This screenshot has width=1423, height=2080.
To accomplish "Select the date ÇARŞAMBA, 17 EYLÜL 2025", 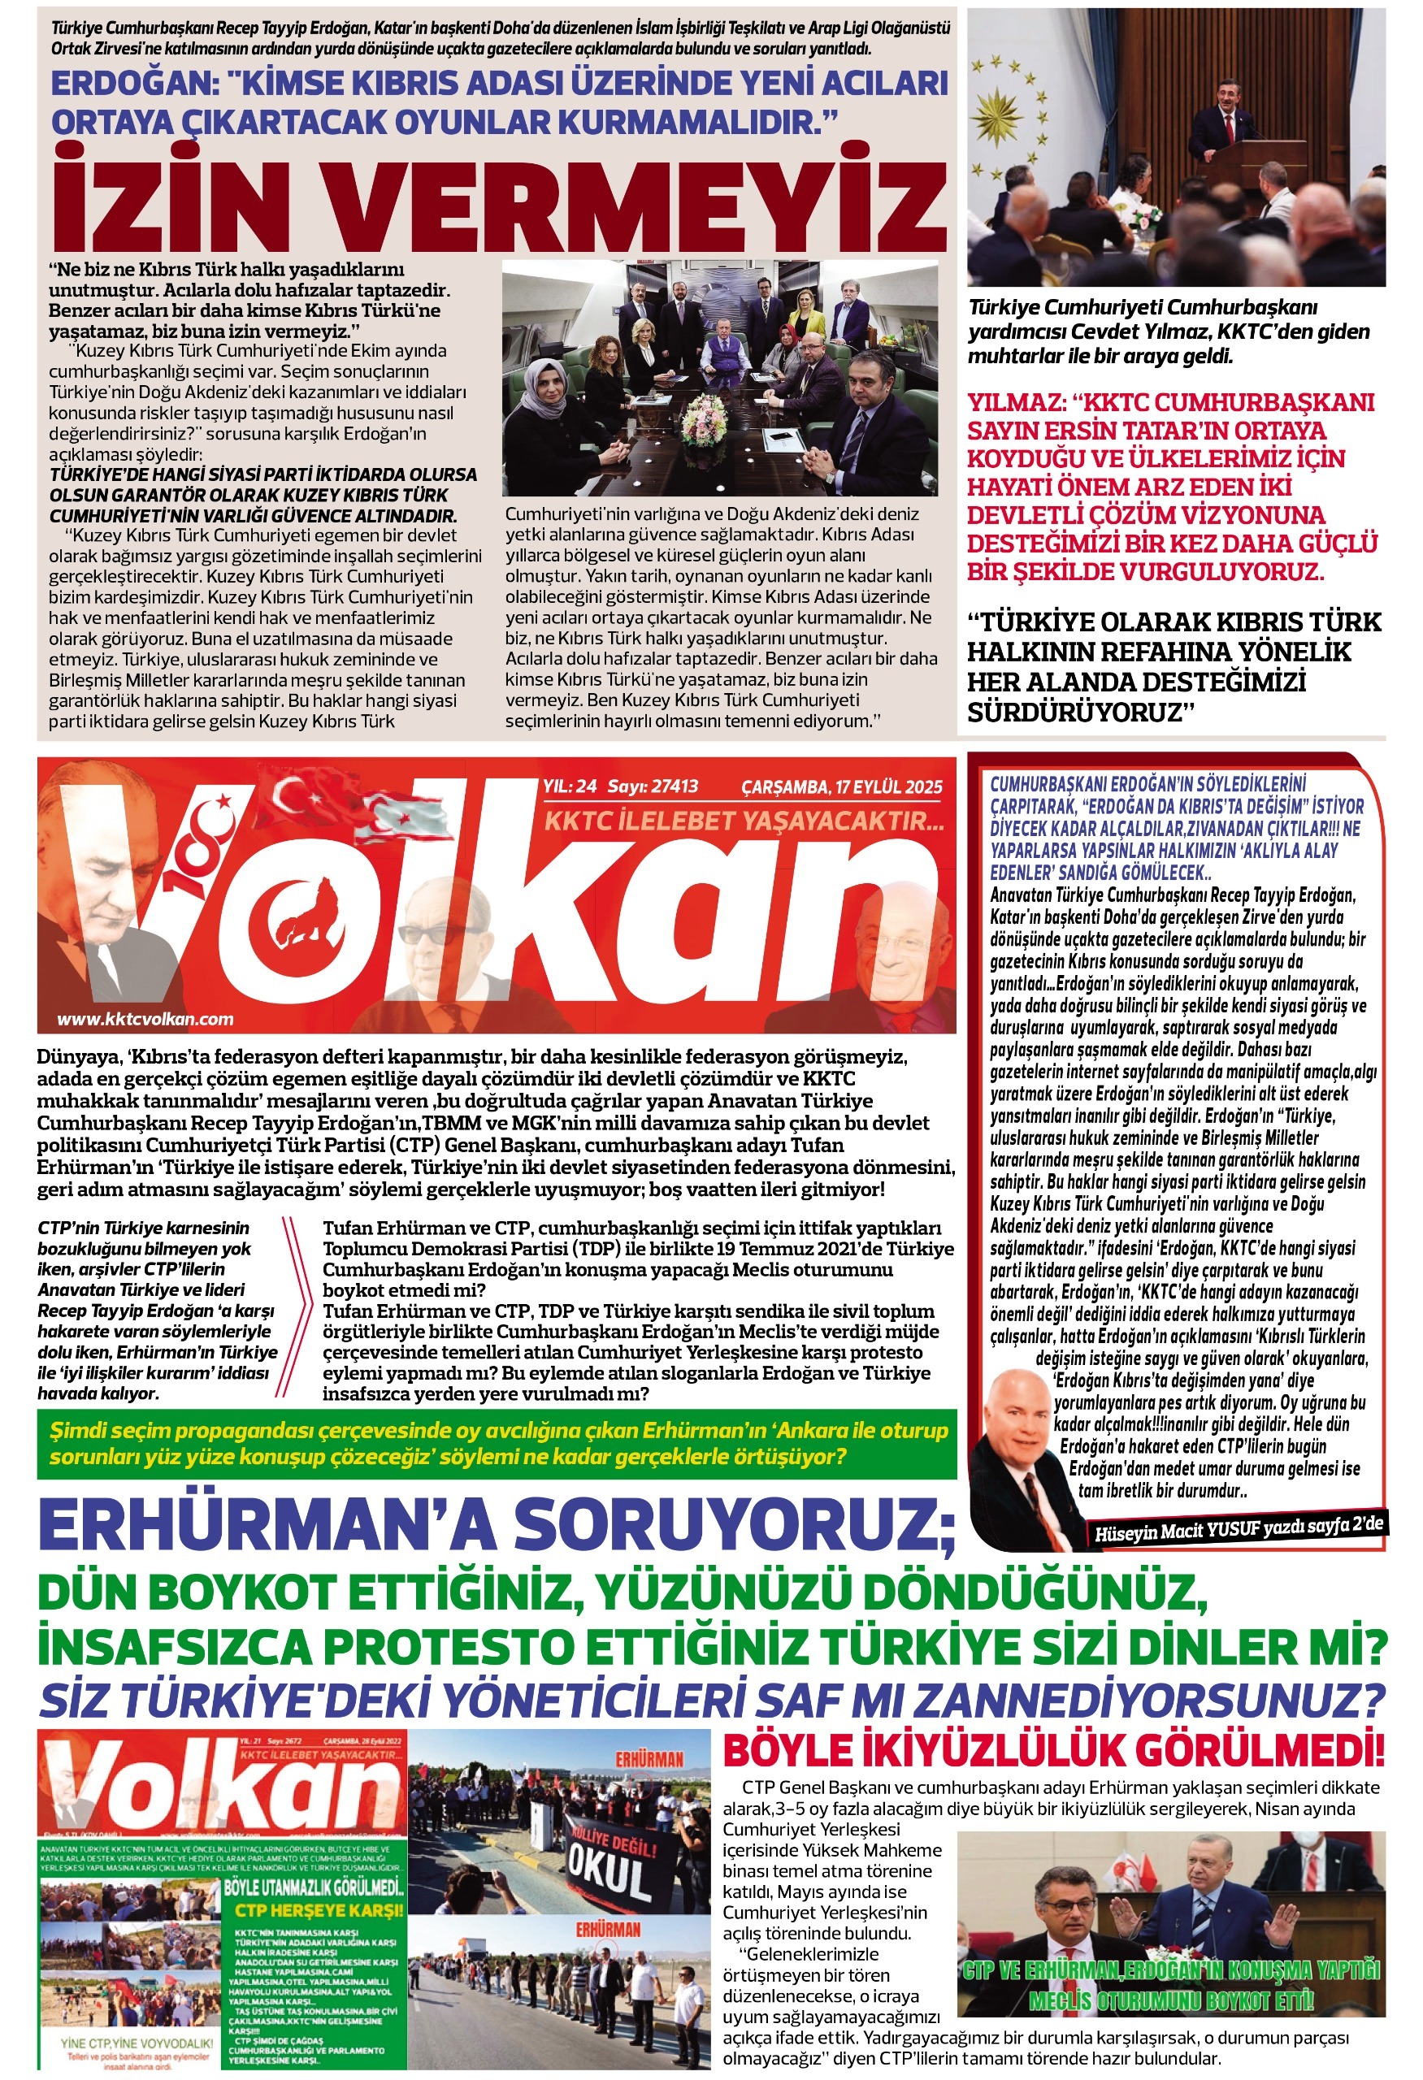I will coord(841,786).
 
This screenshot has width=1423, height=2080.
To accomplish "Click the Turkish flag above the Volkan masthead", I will coord(304,795).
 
